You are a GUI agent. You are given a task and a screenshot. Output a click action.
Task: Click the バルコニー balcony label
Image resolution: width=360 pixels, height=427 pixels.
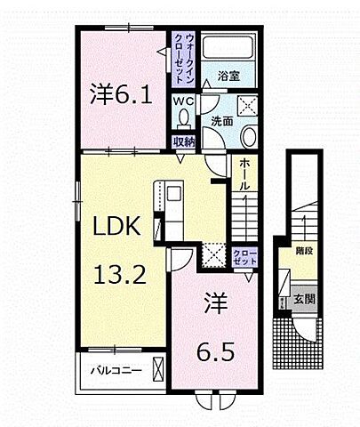tap(112, 367)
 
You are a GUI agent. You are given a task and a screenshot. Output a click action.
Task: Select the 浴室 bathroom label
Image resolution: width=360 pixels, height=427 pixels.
tap(229, 77)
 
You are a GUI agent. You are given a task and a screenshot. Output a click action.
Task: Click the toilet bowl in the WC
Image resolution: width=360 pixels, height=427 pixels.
tap(184, 120)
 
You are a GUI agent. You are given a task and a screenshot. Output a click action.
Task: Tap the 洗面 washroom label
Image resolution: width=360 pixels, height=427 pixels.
tap(221, 120)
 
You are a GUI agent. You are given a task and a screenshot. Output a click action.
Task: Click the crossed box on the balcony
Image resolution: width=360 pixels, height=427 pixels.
tap(159, 367)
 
